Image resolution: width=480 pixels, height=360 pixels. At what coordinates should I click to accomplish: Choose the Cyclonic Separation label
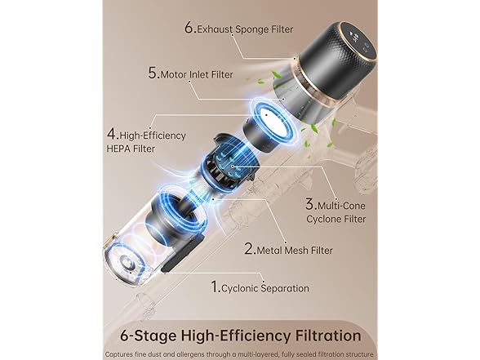(255, 287)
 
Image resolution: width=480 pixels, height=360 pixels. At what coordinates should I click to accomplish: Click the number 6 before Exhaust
(189, 28)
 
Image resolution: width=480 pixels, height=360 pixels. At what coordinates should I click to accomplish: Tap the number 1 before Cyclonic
(215, 287)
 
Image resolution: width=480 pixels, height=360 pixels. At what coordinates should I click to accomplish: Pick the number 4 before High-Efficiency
(111, 135)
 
